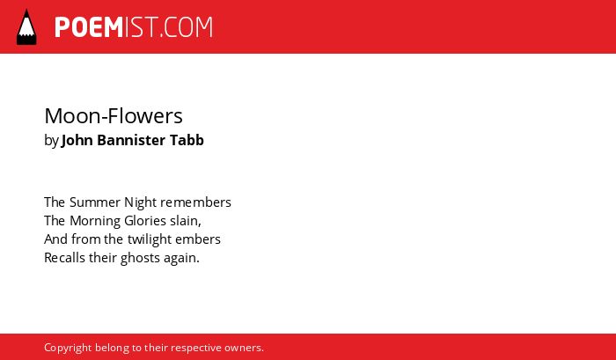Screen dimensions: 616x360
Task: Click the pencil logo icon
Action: click(26, 27)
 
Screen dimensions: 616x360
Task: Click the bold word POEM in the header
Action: click(89, 27)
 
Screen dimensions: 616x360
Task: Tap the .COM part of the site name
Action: click(185, 27)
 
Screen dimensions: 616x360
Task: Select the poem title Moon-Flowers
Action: click(114, 116)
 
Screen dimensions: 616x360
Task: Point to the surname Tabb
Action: click(187, 140)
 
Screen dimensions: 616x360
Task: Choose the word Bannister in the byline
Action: click(131, 140)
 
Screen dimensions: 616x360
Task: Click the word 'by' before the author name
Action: click(51, 141)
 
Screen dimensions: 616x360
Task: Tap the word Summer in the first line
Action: click(95, 202)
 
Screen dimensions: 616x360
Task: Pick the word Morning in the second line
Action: click(95, 222)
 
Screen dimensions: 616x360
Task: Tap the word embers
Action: click(198, 239)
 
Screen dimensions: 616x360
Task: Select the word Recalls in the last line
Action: click(64, 258)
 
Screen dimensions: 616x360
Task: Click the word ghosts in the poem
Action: click(138, 259)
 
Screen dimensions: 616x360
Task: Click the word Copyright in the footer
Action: click(68, 349)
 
